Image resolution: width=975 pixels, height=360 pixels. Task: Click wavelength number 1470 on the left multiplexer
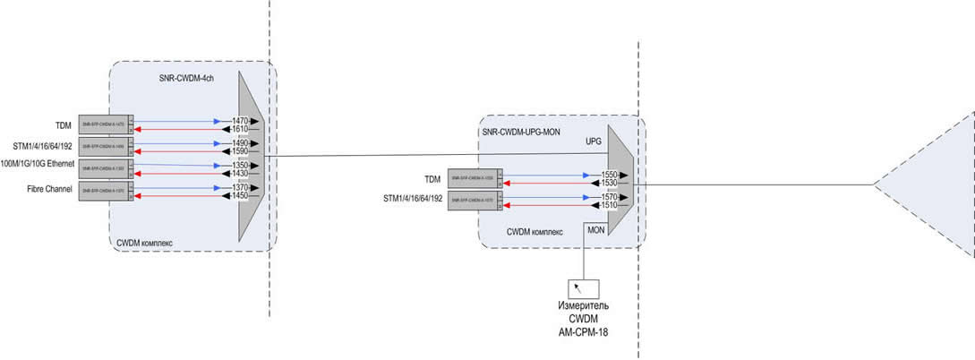pyautogui.click(x=241, y=120)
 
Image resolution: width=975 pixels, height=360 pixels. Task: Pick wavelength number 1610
pyautogui.click(x=241, y=129)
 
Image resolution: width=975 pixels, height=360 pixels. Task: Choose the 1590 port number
pyautogui.click(x=241, y=151)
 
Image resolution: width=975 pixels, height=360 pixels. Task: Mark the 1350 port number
pyautogui.click(x=241, y=165)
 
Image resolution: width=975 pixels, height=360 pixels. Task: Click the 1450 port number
pyautogui.click(x=241, y=195)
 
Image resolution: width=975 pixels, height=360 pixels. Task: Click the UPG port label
pyautogui.click(x=593, y=141)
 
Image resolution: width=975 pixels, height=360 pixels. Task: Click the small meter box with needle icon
pyautogui.click(x=583, y=288)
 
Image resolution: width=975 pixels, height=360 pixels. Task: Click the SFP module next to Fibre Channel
pyautogui.click(x=105, y=191)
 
